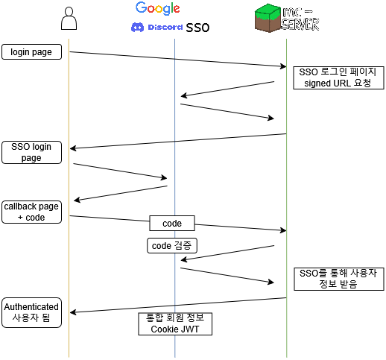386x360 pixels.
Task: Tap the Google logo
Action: pyautogui.click(x=157, y=9)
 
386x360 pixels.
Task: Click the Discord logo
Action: pyautogui.click(x=156, y=28)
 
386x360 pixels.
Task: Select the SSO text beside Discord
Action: pyautogui.click(x=197, y=28)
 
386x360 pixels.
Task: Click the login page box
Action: pyautogui.click(x=31, y=52)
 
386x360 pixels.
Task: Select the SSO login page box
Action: pyautogui.click(x=31, y=152)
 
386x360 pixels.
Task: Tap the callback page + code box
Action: pyautogui.click(x=31, y=212)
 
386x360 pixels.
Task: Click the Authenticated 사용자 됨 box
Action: pyautogui.click(x=31, y=312)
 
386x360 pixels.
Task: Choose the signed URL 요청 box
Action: pyautogui.click(x=337, y=78)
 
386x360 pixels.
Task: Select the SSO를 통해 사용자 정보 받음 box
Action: pyautogui.click(x=338, y=279)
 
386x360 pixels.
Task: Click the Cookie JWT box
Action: pyautogui.click(x=175, y=323)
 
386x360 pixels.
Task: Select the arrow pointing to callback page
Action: pyautogui.click(x=119, y=193)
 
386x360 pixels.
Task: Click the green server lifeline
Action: pyautogui.click(x=287, y=186)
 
